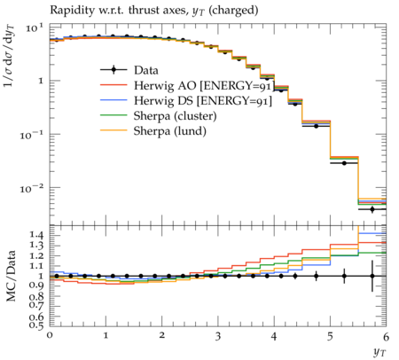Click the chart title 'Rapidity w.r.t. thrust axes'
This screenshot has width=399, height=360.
click(x=117, y=11)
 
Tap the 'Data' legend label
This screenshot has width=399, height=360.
click(x=146, y=70)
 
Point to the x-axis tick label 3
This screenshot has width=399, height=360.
click(x=218, y=336)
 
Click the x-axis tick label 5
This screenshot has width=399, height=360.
click(x=330, y=336)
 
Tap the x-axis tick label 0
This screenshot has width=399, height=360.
click(x=50, y=336)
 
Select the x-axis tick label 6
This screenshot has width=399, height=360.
click(x=386, y=336)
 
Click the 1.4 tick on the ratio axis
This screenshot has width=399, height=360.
click(x=36, y=235)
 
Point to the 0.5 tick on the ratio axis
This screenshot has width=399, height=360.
click(x=36, y=325)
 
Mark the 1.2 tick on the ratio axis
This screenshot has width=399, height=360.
click(x=36, y=255)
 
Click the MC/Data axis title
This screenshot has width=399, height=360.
click(x=11, y=276)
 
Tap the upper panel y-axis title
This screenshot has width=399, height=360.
click(x=10, y=56)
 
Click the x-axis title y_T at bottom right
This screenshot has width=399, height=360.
click(x=379, y=352)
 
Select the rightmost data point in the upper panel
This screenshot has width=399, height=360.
click(x=372, y=209)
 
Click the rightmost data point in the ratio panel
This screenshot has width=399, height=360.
click(x=372, y=276)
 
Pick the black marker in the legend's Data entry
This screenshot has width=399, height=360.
click(x=113, y=70)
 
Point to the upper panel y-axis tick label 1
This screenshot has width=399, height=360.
click(x=41, y=81)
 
